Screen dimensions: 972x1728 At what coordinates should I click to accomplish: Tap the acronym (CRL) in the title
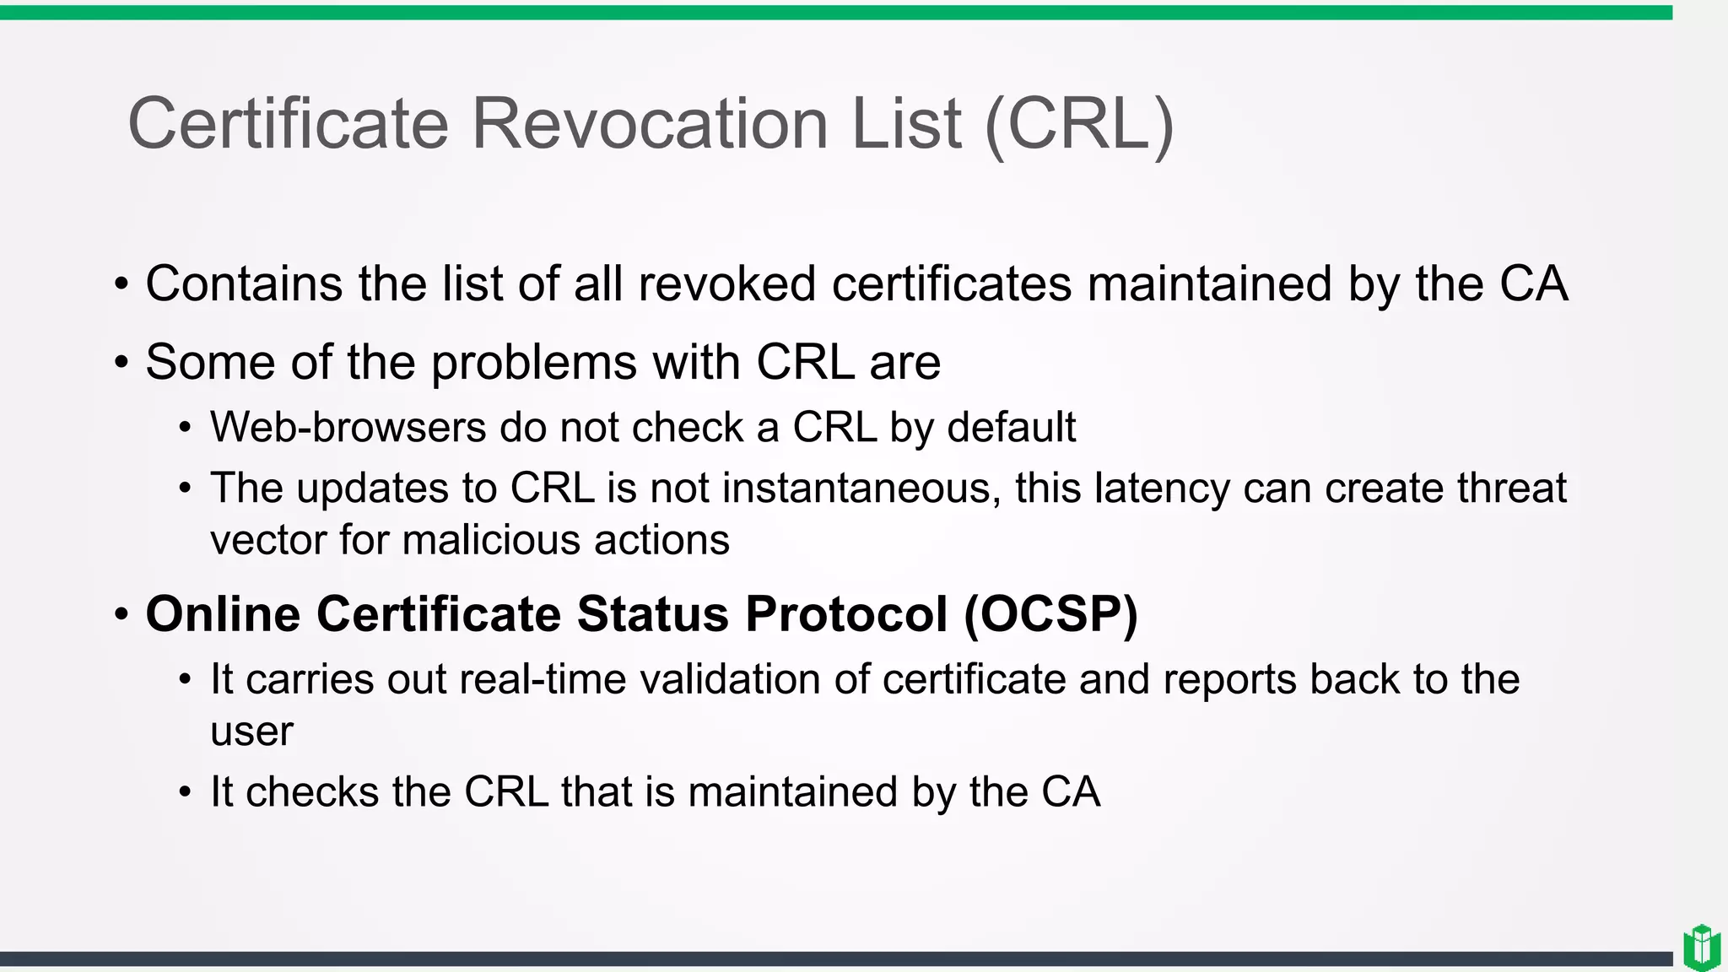pyautogui.click(x=1079, y=124)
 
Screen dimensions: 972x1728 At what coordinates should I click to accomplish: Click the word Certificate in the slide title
pyautogui.click(x=288, y=124)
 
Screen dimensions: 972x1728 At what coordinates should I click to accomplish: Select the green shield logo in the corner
pyautogui.click(x=1702, y=948)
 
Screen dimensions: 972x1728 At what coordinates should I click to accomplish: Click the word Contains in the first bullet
pyautogui.click(x=244, y=283)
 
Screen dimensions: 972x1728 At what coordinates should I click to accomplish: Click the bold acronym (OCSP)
pyautogui.click(x=1050, y=614)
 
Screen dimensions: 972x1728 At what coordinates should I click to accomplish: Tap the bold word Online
pyautogui.click(x=223, y=614)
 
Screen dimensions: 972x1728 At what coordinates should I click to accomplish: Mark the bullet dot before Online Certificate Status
pyautogui.click(x=121, y=615)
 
